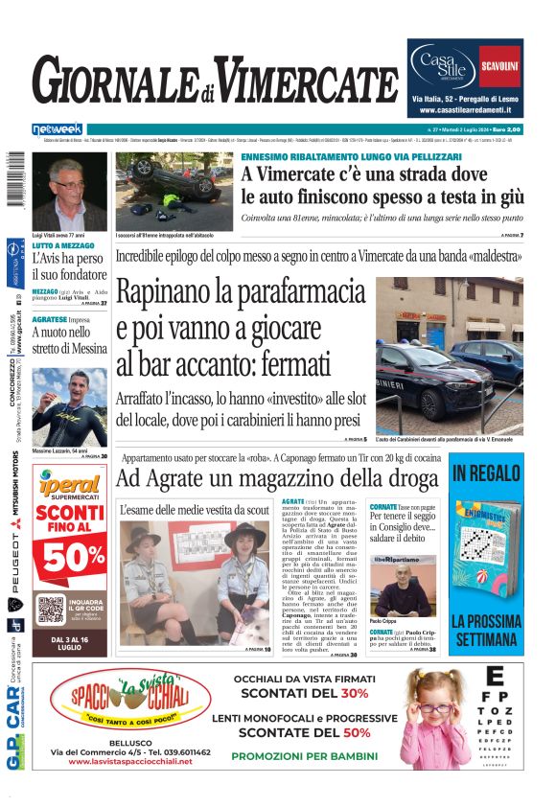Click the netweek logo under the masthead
[x=58, y=129]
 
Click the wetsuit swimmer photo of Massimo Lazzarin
[x=69, y=407]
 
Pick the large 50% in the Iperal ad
[x=72, y=557]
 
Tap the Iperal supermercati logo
[x=69, y=487]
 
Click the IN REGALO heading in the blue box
[x=486, y=473]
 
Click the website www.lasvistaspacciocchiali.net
[x=130, y=762]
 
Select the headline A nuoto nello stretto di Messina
[x=69, y=339]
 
